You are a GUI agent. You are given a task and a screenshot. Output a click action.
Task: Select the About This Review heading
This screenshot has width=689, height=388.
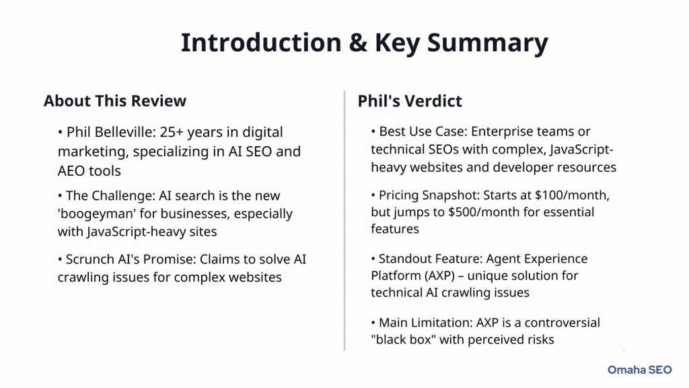click(x=114, y=102)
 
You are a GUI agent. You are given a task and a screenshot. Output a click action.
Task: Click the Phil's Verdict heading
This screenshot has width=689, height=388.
click(x=410, y=102)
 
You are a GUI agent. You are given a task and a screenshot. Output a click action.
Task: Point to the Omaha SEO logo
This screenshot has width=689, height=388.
click(x=640, y=369)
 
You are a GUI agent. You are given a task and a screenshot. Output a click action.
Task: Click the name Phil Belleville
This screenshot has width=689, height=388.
click(x=115, y=133)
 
